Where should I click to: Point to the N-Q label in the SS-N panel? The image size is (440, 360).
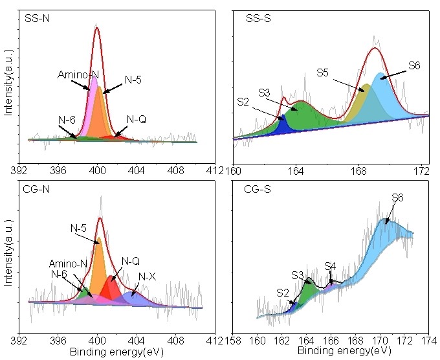pos(137,119)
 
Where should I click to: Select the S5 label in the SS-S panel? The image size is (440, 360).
pos(324,72)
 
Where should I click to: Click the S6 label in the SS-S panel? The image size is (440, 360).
pos(415,65)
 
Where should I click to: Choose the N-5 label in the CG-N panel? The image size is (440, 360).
pos(78,228)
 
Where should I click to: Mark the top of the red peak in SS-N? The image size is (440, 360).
pos(97,28)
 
